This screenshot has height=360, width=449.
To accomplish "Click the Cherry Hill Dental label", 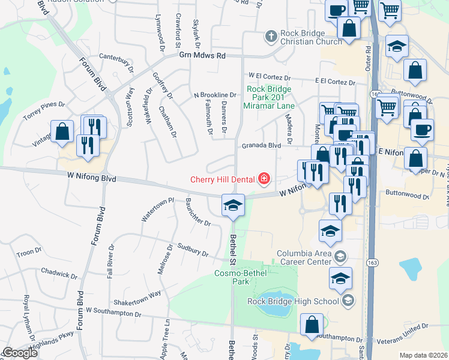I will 223,179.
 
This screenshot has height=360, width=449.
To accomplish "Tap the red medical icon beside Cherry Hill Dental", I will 263,179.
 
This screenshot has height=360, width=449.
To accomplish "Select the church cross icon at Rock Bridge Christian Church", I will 271,37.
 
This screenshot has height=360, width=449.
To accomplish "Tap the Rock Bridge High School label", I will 294,301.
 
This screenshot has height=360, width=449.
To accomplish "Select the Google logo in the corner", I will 19,353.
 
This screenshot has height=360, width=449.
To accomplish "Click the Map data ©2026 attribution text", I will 423,355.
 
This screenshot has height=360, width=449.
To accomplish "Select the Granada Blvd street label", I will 261,145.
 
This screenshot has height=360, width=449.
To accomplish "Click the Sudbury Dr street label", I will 191,249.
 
